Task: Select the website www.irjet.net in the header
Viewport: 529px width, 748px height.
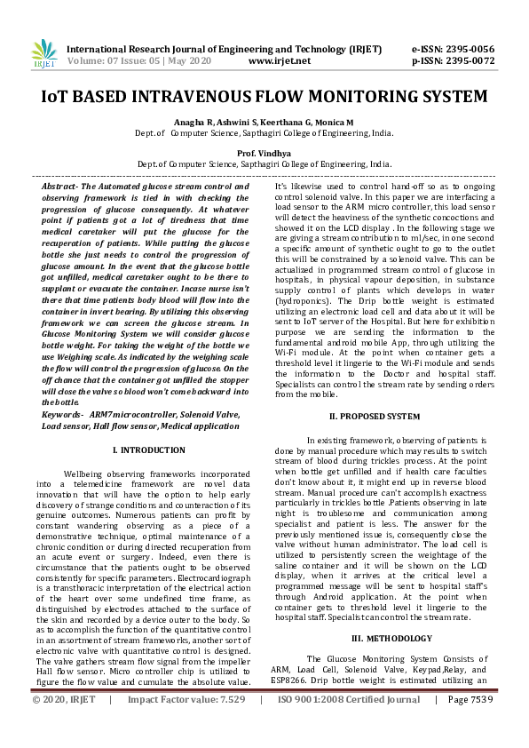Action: pos(280,61)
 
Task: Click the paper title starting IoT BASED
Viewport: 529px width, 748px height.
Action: pos(264,95)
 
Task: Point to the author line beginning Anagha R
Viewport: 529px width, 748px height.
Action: pos(264,121)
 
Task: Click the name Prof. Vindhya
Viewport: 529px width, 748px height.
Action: pos(264,153)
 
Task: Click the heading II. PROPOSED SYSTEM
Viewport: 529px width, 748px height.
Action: pos(375,416)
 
